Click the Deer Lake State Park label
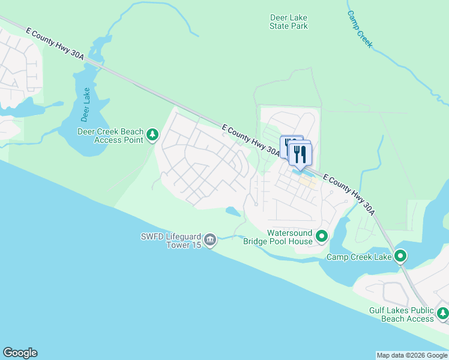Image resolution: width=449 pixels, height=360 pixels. pos(289,22)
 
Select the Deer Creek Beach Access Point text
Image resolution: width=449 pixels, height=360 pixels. pos(111,136)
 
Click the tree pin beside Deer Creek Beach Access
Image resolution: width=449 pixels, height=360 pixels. pos(153,134)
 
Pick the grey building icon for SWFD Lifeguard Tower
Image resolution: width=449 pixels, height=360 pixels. pos(210,240)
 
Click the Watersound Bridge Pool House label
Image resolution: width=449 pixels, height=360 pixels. pos(278,237)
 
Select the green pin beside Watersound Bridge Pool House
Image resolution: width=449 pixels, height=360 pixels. pos(322,236)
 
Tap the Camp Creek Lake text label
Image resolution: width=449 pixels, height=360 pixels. pos(359,257)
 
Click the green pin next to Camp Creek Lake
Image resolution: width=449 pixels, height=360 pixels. pos(400,257)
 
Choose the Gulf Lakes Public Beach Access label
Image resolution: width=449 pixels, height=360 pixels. pos(401,314)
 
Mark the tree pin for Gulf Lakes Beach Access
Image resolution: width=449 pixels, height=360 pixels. pos(443,313)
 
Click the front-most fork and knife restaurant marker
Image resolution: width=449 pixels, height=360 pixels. pos(300,154)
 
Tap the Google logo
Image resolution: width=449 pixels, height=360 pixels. pos(20,353)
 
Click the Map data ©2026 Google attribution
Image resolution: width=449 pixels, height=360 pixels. pos(411,355)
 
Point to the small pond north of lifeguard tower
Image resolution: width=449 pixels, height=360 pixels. pos(233,211)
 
